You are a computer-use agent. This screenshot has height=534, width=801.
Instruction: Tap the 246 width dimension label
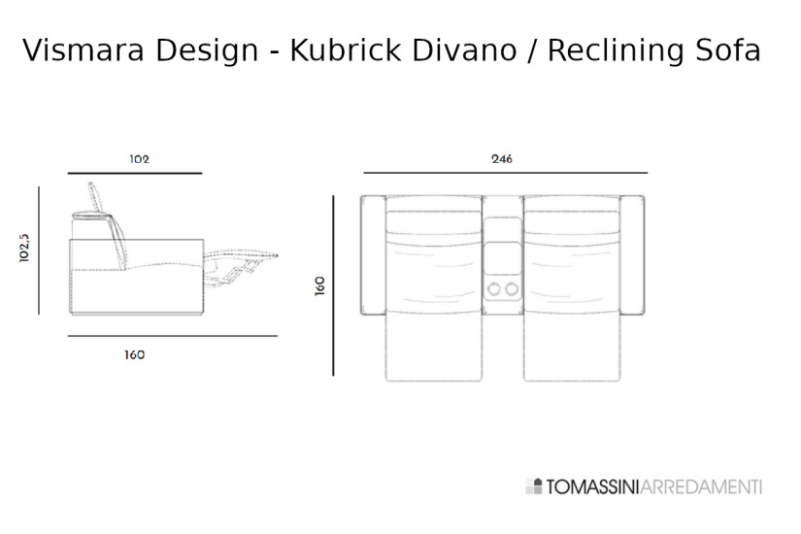[x=501, y=158]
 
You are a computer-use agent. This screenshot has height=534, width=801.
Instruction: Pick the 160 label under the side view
[x=134, y=354]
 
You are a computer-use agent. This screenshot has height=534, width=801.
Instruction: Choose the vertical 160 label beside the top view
[x=320, y=285]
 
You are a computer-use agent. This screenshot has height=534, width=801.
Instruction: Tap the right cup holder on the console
[x=512, y=288]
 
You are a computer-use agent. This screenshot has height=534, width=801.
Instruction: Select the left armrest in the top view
[x=373, y=255]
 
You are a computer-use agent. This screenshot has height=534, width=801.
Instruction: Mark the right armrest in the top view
[x=632, y=255]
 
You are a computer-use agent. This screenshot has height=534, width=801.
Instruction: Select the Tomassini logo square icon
[x=533, y=486]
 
